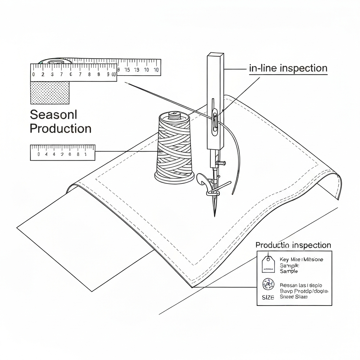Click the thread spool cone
(174, 148)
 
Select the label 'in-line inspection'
(288, 68)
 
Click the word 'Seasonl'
(53, 114)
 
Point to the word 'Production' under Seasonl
(60, 128)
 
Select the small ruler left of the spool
(63, 152)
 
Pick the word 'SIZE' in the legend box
(268, 297)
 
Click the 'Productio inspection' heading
(293, 245)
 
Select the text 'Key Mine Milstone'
(301, 259)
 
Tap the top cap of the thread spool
(173, 115)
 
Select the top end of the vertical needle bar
(216, 56)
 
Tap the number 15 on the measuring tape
(127, 70)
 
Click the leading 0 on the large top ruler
(34, 74)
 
